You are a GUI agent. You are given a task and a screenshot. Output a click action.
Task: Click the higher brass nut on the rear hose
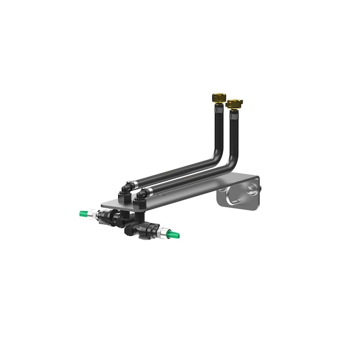[219, 97]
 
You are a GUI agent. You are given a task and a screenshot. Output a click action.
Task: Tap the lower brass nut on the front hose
[234, 104]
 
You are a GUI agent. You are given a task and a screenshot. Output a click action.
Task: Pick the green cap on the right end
[173, 234]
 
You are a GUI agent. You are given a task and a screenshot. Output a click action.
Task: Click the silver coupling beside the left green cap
[94, 214]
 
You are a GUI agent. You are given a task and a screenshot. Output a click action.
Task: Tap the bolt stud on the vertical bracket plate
[251, 190]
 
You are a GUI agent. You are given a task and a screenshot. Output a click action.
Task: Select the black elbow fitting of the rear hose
[125, 188]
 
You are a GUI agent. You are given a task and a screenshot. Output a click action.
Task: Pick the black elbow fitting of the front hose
[142, 196]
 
